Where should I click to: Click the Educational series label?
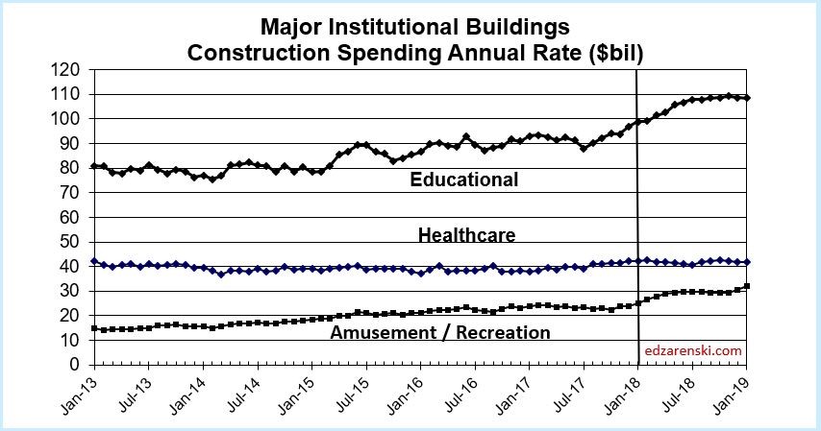click(463, 180)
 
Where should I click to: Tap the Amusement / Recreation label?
click(439, 333)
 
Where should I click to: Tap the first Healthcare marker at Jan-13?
click(93, 261)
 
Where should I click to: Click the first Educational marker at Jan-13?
click(93, 166)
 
